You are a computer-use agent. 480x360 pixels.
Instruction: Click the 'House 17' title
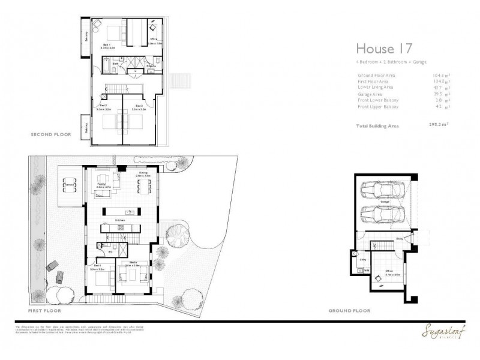381,48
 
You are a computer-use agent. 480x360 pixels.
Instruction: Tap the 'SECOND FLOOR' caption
51,135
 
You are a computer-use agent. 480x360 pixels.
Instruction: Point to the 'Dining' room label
143,173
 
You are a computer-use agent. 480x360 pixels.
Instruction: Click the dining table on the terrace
70,186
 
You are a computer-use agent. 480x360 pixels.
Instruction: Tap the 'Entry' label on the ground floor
399,239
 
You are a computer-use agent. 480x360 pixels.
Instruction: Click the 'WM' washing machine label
367,271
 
